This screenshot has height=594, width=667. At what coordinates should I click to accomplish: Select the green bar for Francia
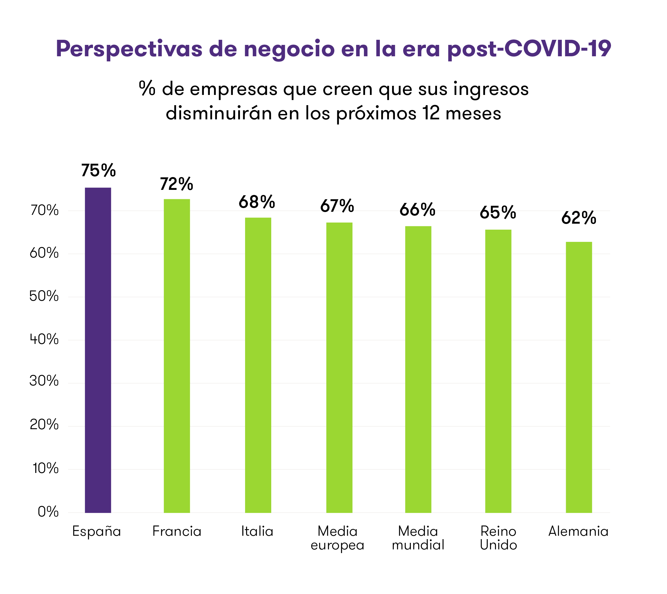[x=177, y=356]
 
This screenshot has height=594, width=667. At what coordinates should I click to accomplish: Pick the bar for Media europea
[x=339, y=367]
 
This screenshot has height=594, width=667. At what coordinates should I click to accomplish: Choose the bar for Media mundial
[x=418, y=369]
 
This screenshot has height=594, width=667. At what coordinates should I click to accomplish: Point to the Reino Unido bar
[x=498, y=371]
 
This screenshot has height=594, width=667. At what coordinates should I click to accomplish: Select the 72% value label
[x=176, y=184]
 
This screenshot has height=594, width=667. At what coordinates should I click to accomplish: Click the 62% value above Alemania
[x=579, y=218]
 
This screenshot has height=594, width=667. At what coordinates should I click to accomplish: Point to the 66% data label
[x=417, y=209]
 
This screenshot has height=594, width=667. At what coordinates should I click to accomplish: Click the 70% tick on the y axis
[x=44, y=211]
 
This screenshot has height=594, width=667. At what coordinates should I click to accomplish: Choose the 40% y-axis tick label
[x=44, y=339]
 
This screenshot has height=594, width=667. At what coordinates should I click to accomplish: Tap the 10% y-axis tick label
[x=45, y=469]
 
